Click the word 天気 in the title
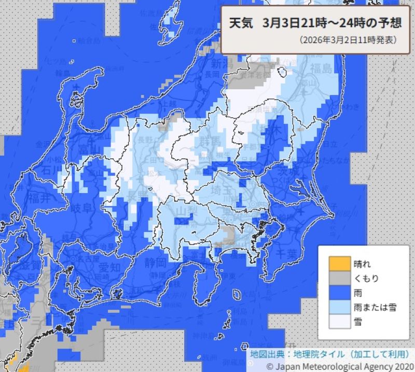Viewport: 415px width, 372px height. point(241,24)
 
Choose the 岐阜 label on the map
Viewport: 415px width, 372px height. point(83,208)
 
